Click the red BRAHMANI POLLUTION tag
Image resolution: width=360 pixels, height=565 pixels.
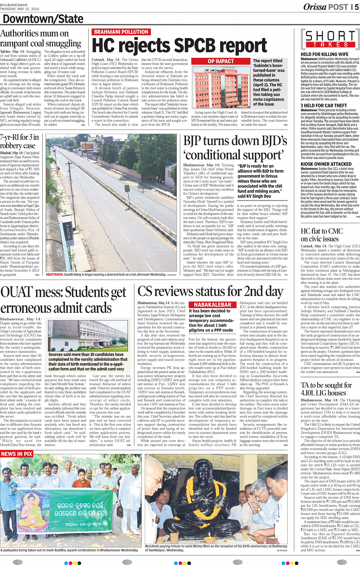tap(121, 32)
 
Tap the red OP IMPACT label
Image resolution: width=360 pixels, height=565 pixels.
tap(221, 61)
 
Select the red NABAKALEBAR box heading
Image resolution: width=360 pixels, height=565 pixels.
tap(213, 305)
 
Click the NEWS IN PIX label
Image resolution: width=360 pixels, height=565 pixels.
tap(17, 454)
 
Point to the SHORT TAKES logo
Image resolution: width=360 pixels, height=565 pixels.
tap(330, 39)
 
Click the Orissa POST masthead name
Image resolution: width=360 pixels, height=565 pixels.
tap(326, 7)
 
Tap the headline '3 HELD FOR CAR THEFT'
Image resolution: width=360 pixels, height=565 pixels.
tap(323, 106)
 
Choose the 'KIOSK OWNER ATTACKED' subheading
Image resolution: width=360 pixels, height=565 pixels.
tap(326, 164)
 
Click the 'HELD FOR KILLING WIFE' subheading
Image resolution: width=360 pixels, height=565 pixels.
tap(324, 54)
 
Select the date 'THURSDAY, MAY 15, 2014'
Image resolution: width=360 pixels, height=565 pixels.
tap(19, 9)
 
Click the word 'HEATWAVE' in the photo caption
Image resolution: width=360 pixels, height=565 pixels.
tap(54, 274)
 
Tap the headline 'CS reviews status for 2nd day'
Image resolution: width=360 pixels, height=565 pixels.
tap(210, 292)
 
